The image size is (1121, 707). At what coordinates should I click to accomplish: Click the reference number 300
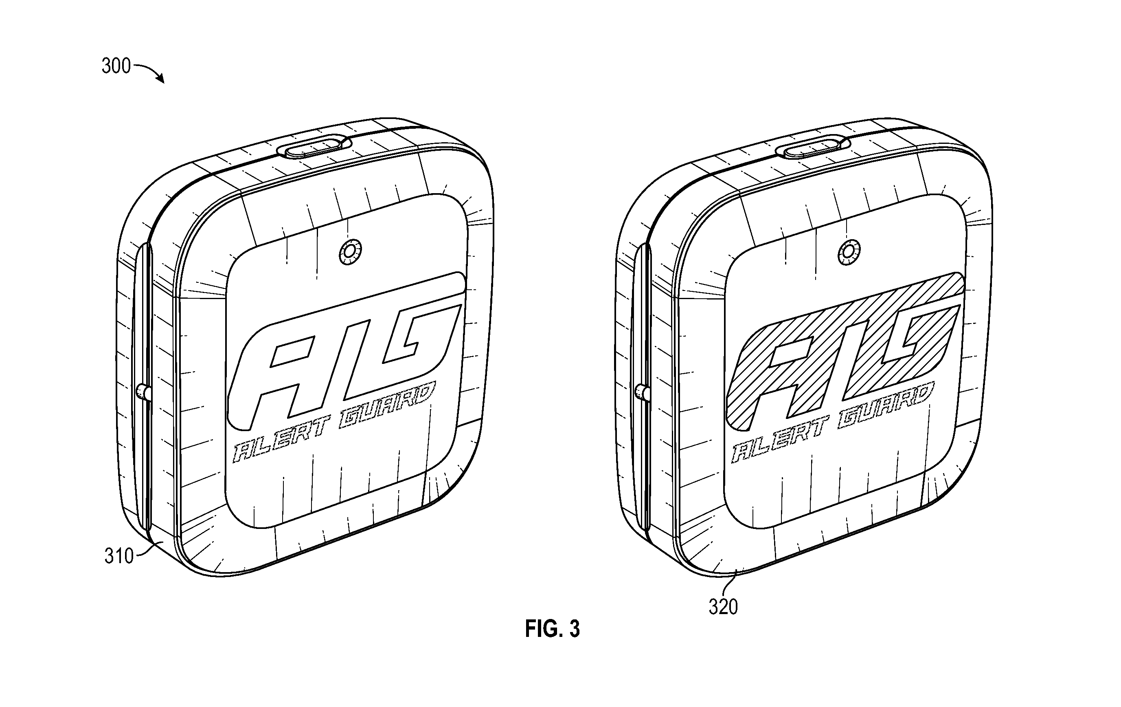click(x=116, y=66)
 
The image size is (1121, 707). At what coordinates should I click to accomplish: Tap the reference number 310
click(x=119, y=556)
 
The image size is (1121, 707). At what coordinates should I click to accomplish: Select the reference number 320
click(x=723, y=607)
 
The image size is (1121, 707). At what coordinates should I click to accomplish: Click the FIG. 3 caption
click(x=553, y=629)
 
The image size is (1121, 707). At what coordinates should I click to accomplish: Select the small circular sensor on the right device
click(x=849, y=252)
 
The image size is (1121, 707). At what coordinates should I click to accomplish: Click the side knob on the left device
click(x=143, y=392)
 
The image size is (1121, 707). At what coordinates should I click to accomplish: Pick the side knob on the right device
click(x=643, y=392)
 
